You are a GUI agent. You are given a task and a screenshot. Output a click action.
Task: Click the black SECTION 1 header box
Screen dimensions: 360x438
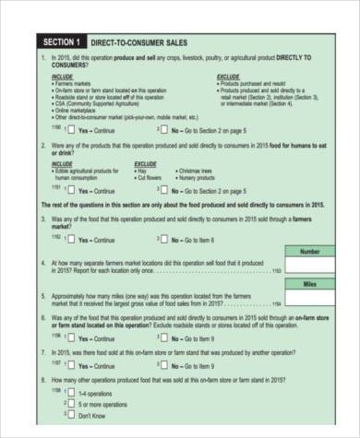60,42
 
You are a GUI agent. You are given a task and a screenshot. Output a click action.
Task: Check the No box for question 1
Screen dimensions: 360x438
164,131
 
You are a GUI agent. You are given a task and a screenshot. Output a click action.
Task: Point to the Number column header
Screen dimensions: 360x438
310,251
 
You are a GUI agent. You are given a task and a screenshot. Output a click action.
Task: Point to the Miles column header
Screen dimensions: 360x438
310,284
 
